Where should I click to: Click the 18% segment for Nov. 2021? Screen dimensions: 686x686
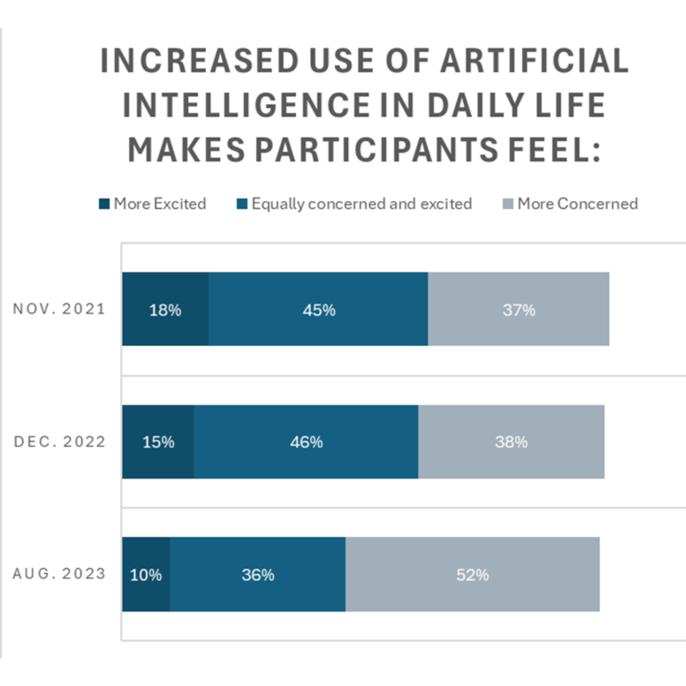165,309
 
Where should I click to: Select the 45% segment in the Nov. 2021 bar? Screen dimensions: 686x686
318,309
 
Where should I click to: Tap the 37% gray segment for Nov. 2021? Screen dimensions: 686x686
518,309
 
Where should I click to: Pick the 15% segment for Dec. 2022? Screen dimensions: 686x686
158,441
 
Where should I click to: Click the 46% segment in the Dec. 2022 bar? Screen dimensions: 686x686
306,441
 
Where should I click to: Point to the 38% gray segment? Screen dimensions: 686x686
511,441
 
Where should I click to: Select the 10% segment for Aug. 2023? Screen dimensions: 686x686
146,574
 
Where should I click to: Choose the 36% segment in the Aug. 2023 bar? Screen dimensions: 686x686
258,574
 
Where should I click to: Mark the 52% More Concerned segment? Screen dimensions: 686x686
473,574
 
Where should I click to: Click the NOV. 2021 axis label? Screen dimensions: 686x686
59,310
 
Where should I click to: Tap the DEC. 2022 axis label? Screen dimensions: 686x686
59,442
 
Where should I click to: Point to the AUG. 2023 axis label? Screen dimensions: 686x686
59,574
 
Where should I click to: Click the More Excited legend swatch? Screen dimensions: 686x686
104,205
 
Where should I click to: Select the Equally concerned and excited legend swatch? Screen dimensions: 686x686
242,205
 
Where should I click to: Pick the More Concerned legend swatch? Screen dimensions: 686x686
508,205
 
